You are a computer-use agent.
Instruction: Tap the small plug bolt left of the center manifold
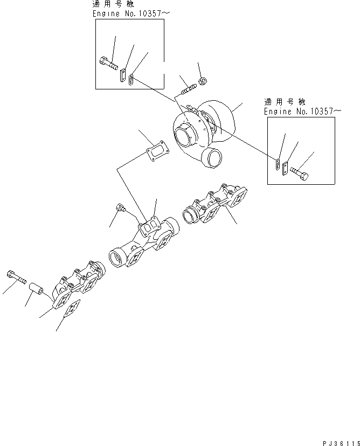pos(120,208)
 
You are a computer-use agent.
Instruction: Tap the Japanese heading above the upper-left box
pos(115,4)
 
